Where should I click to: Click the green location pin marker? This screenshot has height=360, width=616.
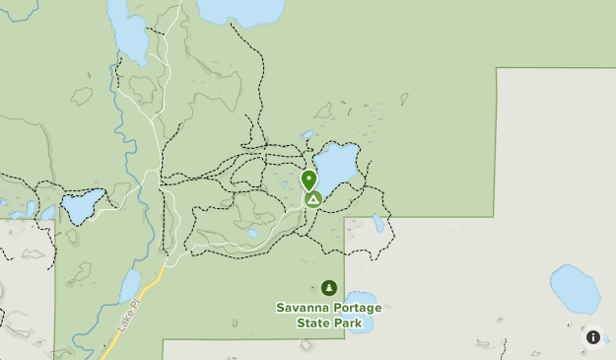[308, 180]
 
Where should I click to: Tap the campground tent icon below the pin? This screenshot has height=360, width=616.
[312, 199]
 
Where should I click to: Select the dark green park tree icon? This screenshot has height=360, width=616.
[328, 288]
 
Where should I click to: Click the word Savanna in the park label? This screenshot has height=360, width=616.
[301, 309]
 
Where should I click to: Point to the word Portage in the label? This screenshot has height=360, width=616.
[355, 309]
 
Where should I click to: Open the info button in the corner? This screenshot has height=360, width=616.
[593, 337]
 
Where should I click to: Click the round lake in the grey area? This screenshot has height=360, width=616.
[575, 289]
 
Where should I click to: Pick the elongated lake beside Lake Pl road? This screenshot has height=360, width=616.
[129, 287]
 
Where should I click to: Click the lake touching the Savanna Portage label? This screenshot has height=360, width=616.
[360, 298]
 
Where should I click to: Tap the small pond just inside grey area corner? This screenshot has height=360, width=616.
[378, 224]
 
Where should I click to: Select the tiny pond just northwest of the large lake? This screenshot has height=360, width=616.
[308, 135]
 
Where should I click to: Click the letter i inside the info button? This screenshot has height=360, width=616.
[593, 337]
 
